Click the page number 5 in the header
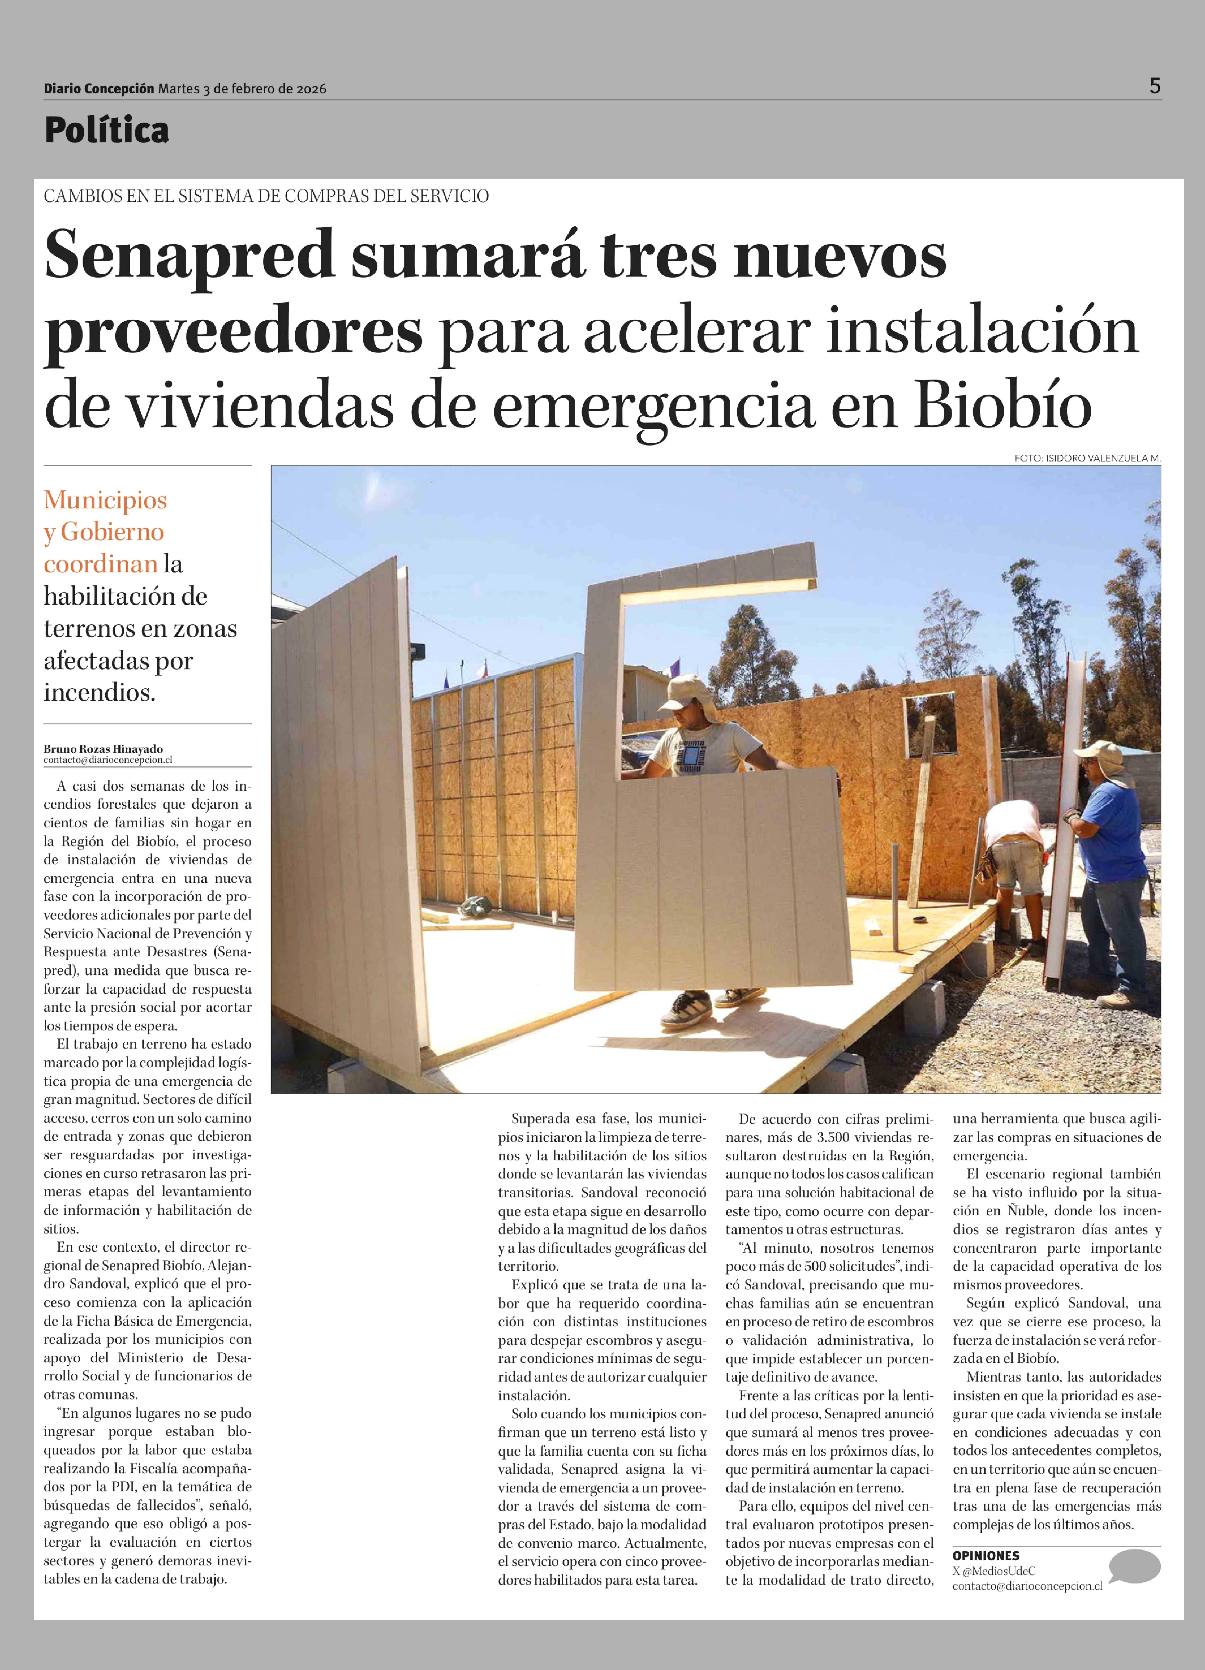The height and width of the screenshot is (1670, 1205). [x=1154, y=86]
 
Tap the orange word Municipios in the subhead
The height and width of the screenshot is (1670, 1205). [x=105, y=500]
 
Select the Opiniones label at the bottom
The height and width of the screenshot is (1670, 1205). [x=986, y=1556]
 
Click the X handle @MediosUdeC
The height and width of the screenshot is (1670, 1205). [x=999, y=1571]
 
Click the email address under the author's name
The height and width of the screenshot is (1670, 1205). [x=108, y=760]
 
